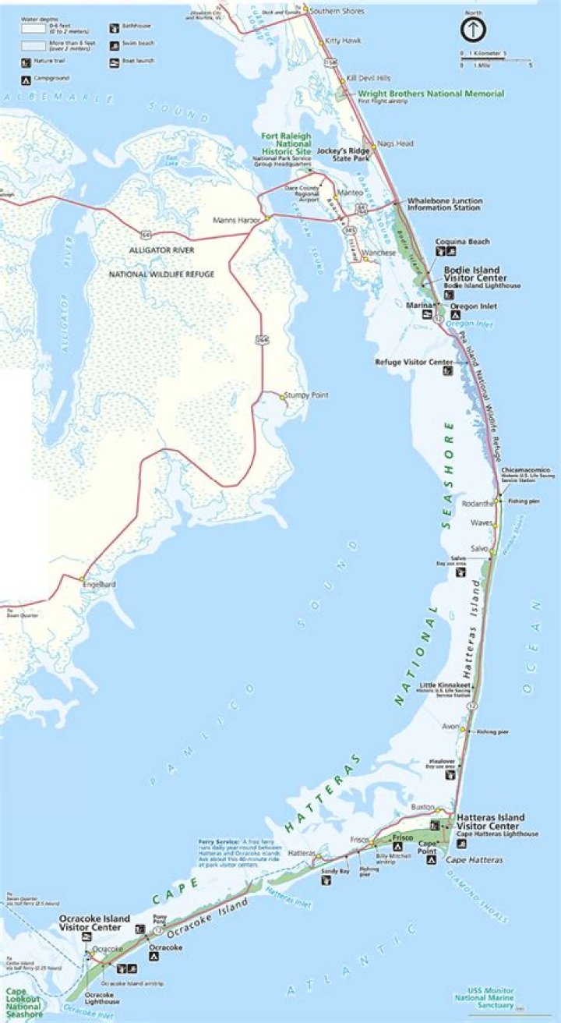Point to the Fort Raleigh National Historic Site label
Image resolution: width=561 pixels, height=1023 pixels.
click(285, 144)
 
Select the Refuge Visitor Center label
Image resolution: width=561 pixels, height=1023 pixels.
click(414, 362)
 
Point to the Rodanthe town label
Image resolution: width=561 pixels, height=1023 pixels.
click(478, 502)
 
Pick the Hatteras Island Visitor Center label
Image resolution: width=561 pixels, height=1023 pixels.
click(490, 822)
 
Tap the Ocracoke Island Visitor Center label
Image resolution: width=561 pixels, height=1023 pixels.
click(95, 923)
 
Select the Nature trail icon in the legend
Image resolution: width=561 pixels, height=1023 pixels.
click(25, 61)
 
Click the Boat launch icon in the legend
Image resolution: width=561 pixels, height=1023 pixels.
click(115, 61)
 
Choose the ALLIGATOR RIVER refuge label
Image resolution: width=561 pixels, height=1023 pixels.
click(162, 250)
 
